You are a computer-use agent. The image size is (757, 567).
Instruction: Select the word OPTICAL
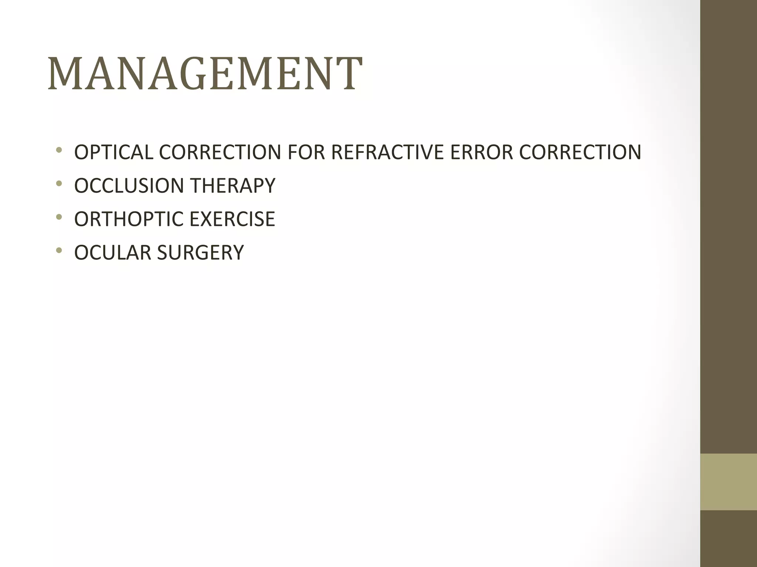(113, 152)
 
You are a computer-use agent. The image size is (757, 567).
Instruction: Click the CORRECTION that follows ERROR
(580, 152)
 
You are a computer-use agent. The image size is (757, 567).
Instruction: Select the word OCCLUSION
(129, 185)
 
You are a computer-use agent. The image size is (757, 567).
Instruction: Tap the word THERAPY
(233, 185)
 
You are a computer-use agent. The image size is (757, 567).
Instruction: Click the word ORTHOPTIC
(129, 219)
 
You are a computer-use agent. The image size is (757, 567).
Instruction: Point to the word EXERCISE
(232, 219)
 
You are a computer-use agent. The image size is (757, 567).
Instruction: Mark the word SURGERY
(200, 252)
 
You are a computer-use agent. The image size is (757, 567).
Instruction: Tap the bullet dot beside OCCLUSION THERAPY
(58, 183)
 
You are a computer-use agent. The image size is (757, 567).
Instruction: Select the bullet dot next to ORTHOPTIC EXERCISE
(58, 217)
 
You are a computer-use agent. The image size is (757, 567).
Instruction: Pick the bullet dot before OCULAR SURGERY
(58, 251)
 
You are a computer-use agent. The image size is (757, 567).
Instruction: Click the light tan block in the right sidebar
(728, 482)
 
